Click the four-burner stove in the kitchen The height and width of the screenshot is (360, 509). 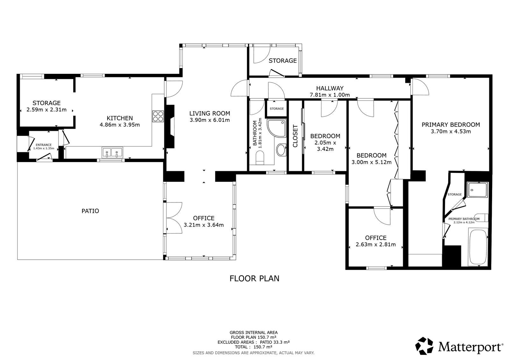coord(158,116)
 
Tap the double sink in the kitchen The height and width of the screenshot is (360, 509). coord(112,152)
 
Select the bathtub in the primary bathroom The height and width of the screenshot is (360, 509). coord(478,248)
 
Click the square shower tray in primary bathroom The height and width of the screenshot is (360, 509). coord(477,190)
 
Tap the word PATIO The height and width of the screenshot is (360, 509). coord(90,211)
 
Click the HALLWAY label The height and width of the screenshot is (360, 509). coord(330,88)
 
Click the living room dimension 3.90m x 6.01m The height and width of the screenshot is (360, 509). coord(209,120)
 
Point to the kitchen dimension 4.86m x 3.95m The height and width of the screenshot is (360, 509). coord(119,125)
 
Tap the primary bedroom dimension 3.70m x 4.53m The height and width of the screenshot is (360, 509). coord(451,131)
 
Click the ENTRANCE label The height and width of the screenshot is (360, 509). coord(44,145)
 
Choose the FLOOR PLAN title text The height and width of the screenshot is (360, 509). coord(254,279)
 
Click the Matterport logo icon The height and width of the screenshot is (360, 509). coord(424,346)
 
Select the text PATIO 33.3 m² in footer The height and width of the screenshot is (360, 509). coord(275,342)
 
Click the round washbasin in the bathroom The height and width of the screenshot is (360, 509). coord(281,150)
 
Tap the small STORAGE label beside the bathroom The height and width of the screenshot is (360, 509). coord(277,109)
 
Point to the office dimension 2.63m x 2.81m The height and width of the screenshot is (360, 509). coord(376,244)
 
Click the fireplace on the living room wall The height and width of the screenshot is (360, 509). coord(170,127)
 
